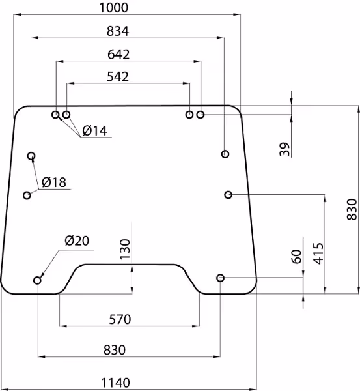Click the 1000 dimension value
[114, 7]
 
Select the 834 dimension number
[118, 31]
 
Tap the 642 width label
[118, 54]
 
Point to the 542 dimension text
[118, 76]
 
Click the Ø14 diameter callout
[94, 131]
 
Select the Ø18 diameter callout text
[54, 182]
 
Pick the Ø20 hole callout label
[77, 240]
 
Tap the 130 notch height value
[125, 249]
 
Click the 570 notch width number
[120, 319]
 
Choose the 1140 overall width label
[116, 383]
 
